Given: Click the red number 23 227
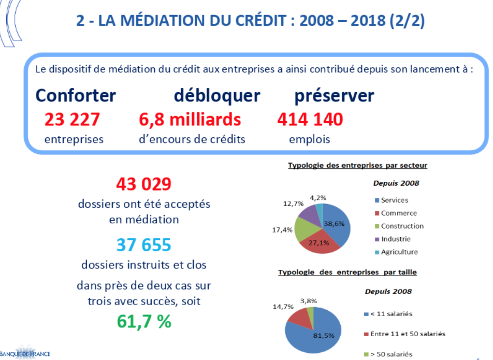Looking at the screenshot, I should click(72, 120).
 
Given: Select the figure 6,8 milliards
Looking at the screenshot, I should click(190, 120).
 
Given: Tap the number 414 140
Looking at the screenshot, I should click(310, 120).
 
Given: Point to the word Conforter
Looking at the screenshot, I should click(76, 96).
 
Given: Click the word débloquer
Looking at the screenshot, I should click(217, 96).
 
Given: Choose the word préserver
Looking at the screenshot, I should click(334, 96).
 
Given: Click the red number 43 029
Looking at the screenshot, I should click(143, 184).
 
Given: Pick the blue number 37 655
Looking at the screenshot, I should click(143, 244).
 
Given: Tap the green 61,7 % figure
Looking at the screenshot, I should click(143, 322).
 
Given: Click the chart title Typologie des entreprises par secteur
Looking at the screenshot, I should click(357, 166).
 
